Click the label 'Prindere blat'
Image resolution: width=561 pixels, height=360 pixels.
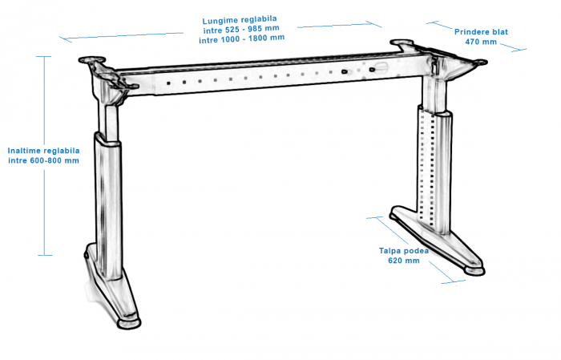481,32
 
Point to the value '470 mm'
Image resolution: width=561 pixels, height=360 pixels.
481,42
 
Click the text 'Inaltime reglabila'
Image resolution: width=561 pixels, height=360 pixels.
43,150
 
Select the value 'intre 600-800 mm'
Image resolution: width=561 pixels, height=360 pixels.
43,160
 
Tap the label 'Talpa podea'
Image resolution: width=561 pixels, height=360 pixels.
404,251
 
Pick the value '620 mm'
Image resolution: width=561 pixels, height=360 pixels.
404,261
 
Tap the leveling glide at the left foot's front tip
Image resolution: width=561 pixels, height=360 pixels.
128,322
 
